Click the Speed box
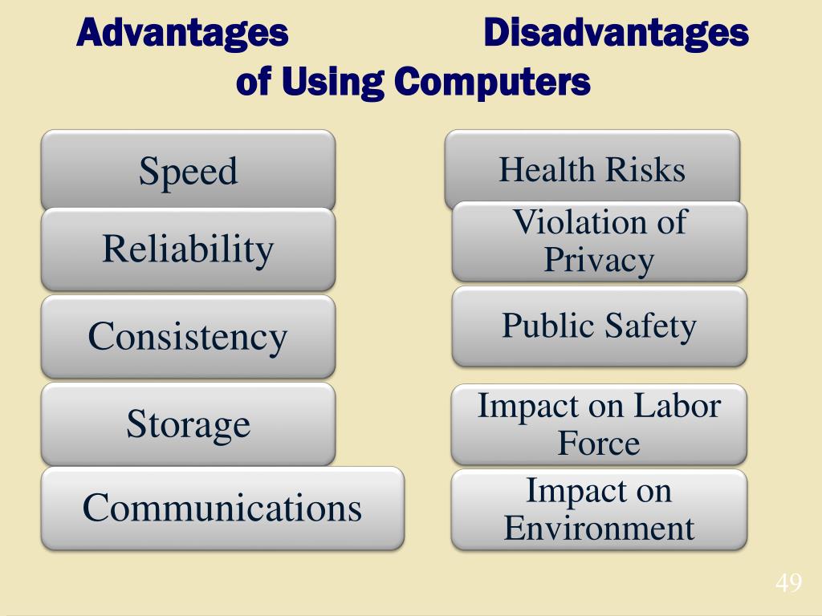tap(188, 171)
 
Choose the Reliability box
tap(188, 249)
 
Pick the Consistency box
tap(188, 336)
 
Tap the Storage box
tap(188, 423)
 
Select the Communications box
tap(222, 508)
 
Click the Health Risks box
tap(592, 169)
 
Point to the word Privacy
tap(599, 260)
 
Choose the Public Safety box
tap(599, 326)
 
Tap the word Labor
tap(676, 406)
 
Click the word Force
tap(599, 444)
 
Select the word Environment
tap(599, 529)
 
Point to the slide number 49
tap(788, 583)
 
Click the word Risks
tap(645, 169)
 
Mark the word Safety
tap(651, 326)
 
